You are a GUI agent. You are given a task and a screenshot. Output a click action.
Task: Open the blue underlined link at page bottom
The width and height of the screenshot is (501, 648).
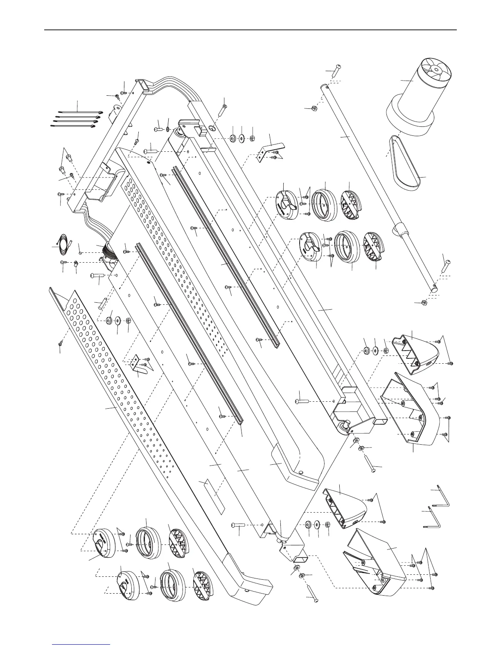[82, 643]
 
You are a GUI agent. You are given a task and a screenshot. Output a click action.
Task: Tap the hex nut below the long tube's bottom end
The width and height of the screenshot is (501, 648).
[424, 303]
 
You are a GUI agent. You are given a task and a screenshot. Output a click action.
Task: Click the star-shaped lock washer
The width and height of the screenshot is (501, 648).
[168, 130]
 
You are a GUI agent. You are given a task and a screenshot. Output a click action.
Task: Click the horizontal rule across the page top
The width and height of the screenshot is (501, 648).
[250, 30]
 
